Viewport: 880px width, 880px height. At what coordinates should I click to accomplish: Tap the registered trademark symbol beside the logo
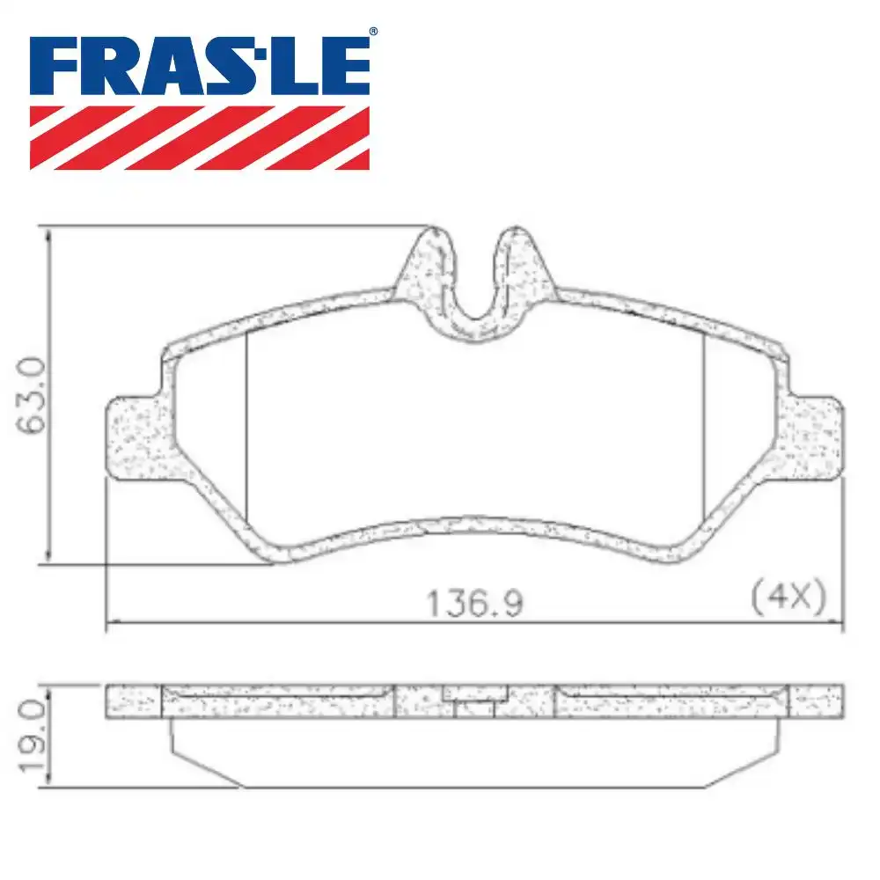point(373,33)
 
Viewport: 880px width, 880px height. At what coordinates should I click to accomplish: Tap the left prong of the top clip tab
point(432,264)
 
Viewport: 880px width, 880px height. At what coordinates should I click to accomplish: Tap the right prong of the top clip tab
point(519,264)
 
